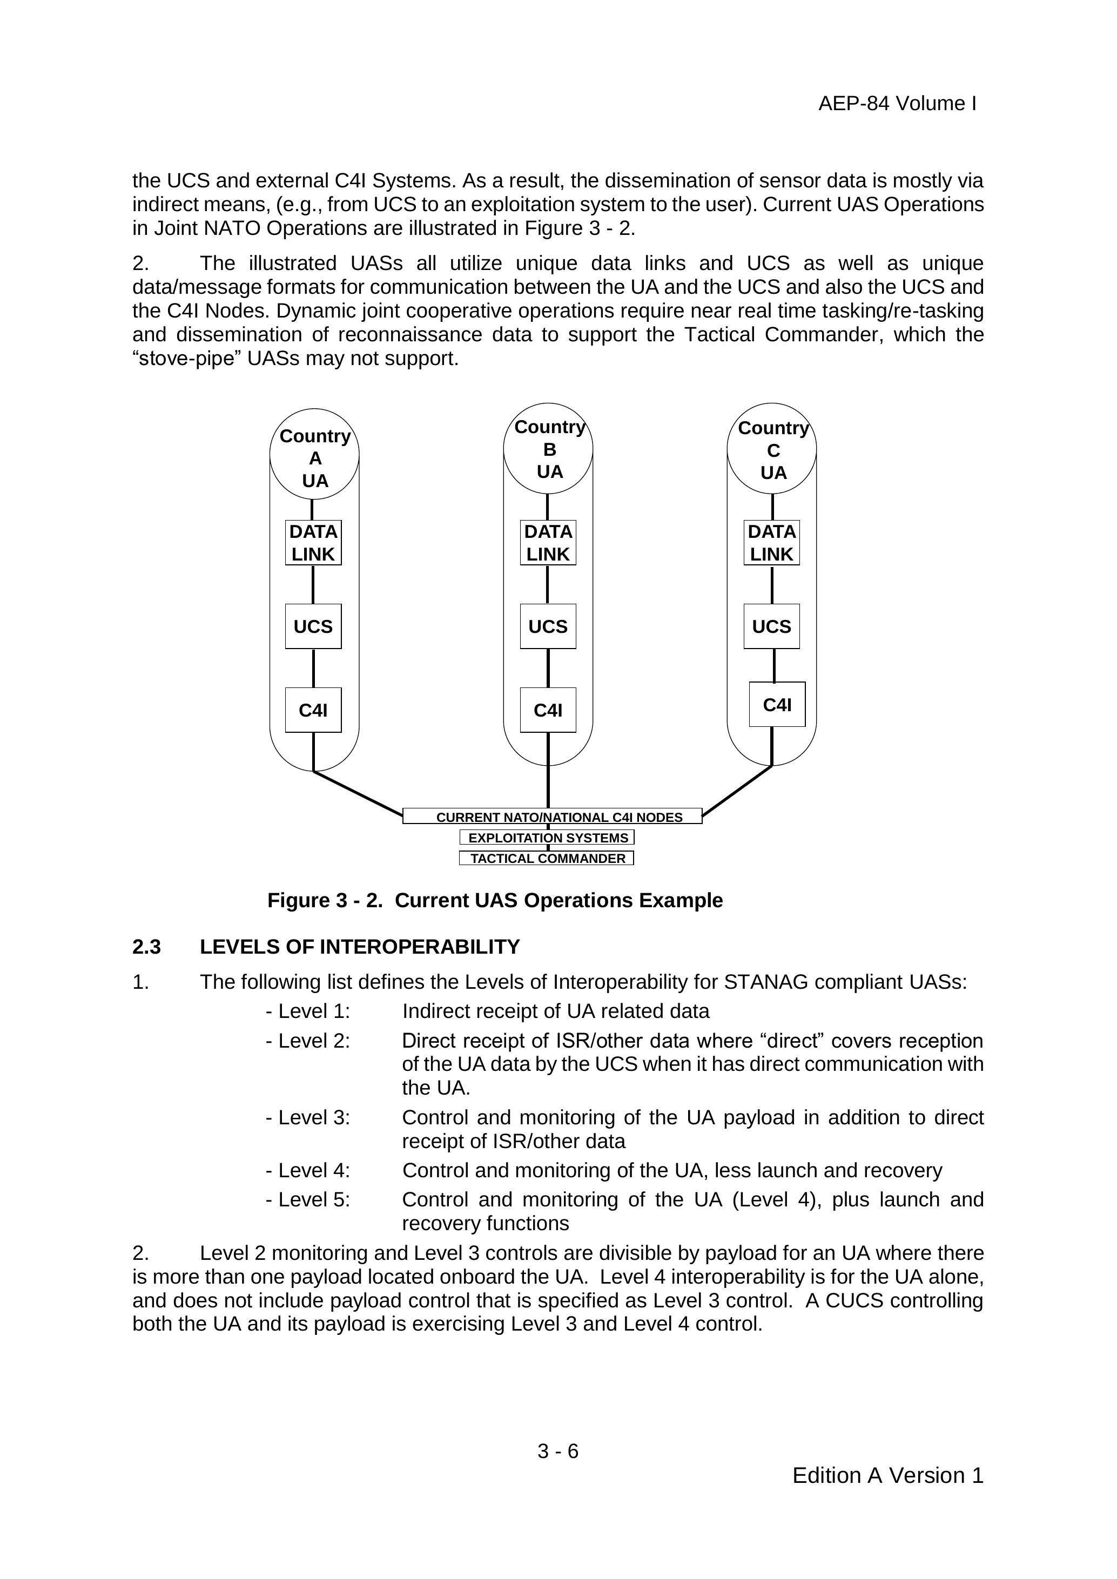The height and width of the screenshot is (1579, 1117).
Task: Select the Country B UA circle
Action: (548, 448)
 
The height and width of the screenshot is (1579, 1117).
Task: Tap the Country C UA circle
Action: (772, 449)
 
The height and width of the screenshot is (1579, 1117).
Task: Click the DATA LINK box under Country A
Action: (313, 543)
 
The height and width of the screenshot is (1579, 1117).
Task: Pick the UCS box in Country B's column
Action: (548, 626)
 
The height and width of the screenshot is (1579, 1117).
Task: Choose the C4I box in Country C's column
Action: (777, 704)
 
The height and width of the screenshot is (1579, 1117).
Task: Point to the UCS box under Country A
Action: (313, 626)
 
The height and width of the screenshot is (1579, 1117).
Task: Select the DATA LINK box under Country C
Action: (772, 543)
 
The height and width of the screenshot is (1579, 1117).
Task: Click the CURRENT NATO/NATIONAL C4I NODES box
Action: (553, 817)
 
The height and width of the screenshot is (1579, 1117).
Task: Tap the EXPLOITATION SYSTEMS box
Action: (547, 838)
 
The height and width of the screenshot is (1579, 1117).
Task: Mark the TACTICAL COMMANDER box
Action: (546, 858)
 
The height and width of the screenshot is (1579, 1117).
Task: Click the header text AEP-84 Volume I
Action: (897, 104)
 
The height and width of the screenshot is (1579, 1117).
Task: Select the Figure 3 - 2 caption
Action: (495, 900)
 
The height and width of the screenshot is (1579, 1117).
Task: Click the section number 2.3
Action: (146, 947)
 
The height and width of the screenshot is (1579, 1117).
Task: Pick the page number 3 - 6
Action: (558, 1451)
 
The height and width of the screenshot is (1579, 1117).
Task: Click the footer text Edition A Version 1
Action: (887, 1476)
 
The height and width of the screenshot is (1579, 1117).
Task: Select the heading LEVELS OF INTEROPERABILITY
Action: (359, 947)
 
